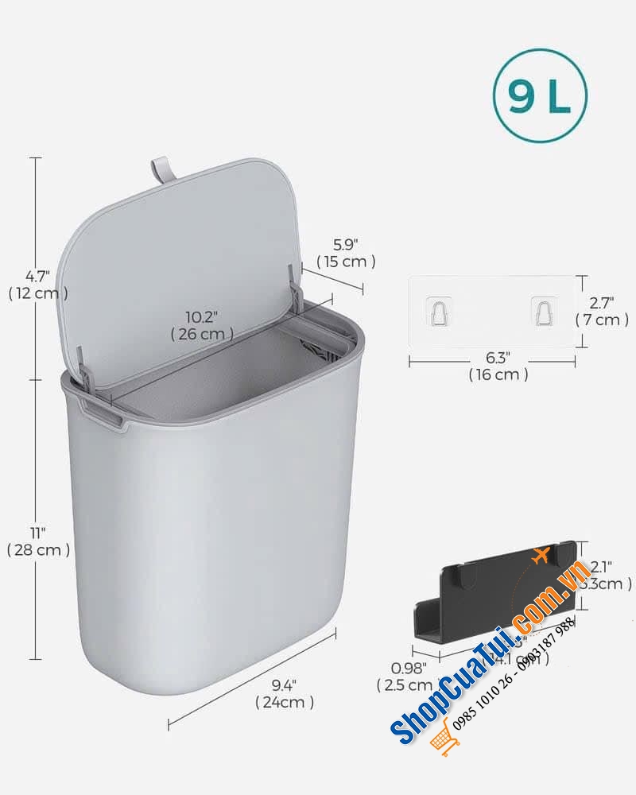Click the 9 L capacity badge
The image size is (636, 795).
[x=540, y=96]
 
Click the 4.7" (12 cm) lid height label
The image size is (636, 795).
[x=37, y=285]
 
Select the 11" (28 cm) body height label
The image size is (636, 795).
[x=37, y=541]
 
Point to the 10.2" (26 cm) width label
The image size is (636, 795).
[x=202, y=326]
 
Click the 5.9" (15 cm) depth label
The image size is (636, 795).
[x=346, y=253]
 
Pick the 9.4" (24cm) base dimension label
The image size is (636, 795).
[x=284, y=693]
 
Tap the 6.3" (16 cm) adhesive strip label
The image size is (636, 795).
[x=498, y=366]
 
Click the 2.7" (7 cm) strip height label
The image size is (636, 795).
[x=602, y=312]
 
